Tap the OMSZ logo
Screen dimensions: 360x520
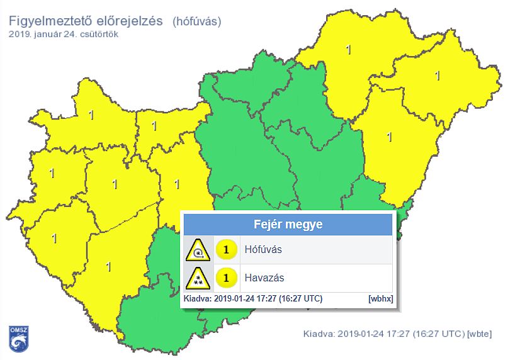pos(18,339)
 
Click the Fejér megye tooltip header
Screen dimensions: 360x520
pos(288,224)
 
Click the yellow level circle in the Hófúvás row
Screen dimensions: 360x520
pos(225,250)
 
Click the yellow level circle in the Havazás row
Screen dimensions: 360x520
pos(225,277)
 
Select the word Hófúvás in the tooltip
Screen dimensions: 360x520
pos(263,250)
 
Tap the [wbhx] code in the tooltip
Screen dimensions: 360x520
pos(381,299)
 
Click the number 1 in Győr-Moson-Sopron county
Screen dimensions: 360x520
pos(91,115)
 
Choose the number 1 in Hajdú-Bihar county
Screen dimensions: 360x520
pos(389,136)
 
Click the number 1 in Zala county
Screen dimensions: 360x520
pos(54,239)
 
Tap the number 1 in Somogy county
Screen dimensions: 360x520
pos(108,266)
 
